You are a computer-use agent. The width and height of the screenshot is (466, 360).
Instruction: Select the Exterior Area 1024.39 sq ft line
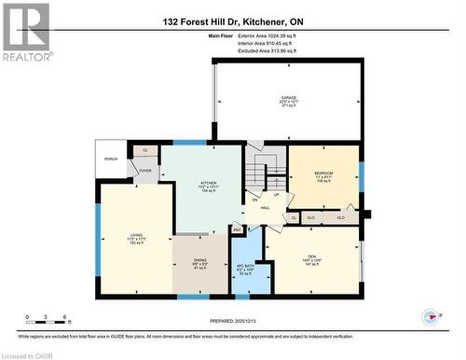click(x=258, y=35)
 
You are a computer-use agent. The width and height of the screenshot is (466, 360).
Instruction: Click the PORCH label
click(x=111, y=158)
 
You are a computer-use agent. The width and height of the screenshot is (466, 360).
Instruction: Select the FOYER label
click(x=145, y=171)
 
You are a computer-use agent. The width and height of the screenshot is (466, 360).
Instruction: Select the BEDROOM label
click(x=322, y=173)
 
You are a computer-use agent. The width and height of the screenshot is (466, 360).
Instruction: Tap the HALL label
click(x=265, y=208)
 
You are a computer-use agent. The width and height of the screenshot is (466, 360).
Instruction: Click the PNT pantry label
click(x=237, y=228)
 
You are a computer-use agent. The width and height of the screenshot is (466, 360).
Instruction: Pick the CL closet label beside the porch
click(x=144, y=150)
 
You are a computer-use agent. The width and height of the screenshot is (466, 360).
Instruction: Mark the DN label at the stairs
click(x=254, y=199)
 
